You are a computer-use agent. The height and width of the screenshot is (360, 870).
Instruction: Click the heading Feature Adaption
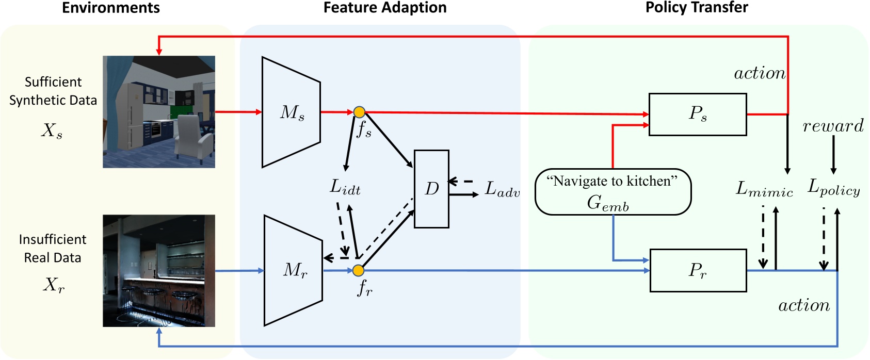(385, 8)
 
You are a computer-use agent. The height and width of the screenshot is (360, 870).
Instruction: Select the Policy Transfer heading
(696, 8)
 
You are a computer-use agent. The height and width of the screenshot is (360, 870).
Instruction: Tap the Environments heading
(110, 8)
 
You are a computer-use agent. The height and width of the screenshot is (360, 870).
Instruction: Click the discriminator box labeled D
(431, 189)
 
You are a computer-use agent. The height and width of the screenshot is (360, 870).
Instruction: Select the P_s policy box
(697, 114)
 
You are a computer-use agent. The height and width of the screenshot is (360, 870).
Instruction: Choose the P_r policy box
(697, 270)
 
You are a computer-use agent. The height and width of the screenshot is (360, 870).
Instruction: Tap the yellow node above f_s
(359, 112)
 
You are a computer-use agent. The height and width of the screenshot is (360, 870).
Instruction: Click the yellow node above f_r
(358, 270)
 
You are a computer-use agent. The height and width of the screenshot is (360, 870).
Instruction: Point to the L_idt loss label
(345, 187)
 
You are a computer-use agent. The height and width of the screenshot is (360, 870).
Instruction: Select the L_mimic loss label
(764, 189)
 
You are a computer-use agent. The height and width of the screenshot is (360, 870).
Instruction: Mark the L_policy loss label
(833, 188)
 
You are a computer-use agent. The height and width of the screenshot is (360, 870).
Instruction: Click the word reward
(833, 126)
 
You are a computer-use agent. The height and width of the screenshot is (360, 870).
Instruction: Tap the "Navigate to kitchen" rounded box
(613, 192)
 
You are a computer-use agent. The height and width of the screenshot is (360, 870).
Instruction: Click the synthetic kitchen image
(159, 112)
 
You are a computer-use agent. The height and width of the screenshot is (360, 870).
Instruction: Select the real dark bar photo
(159, 271)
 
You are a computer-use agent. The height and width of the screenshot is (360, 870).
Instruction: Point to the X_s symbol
(52, 131)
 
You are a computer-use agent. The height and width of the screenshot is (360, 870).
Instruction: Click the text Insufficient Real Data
(53, 248)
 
